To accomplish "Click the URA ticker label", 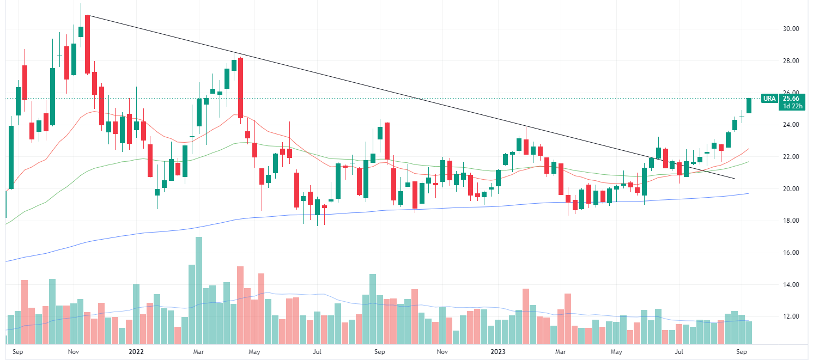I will (x=769, y=99).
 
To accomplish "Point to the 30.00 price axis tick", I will (x=791, y=29).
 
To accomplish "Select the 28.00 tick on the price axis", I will (x=791, y=61).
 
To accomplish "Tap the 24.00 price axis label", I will (x=791, y=125).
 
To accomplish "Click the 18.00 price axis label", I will (x=791, y=221).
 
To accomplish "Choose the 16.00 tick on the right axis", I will (x=791, y=253).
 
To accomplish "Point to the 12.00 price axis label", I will (x=791, y=316).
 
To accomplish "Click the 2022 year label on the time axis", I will (x=136, y=352).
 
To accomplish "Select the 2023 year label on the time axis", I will (x=500, y=352).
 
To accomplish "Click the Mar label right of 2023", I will (x=561, y=352).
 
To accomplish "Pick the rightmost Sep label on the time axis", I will (x=742, y=352).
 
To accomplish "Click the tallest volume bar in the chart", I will (x=199, y=291).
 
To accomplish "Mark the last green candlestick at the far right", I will (x=749, y=106).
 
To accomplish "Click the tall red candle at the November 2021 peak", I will (x=87, y=44).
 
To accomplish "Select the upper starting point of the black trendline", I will (x=88, y=15).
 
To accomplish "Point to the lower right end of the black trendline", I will (x=735, y=179).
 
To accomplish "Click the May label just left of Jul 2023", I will (x=616, y=352).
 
